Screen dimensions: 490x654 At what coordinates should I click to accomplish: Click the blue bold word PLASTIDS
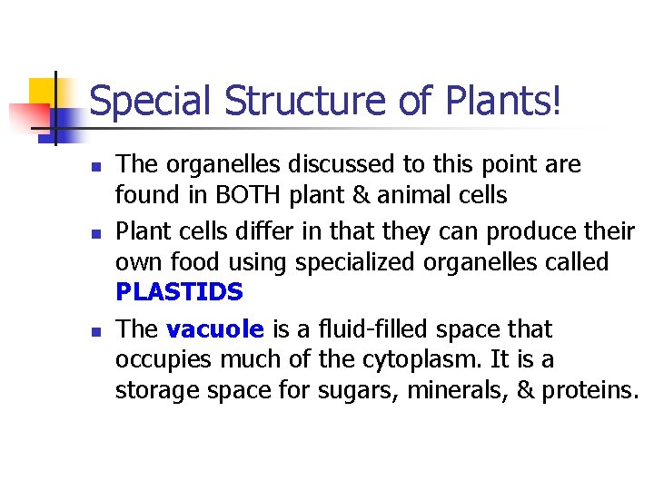point(180,292)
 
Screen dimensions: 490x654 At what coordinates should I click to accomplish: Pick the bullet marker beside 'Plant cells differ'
point(94,233)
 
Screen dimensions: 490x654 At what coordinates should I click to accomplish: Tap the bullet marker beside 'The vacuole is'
point(94,330)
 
